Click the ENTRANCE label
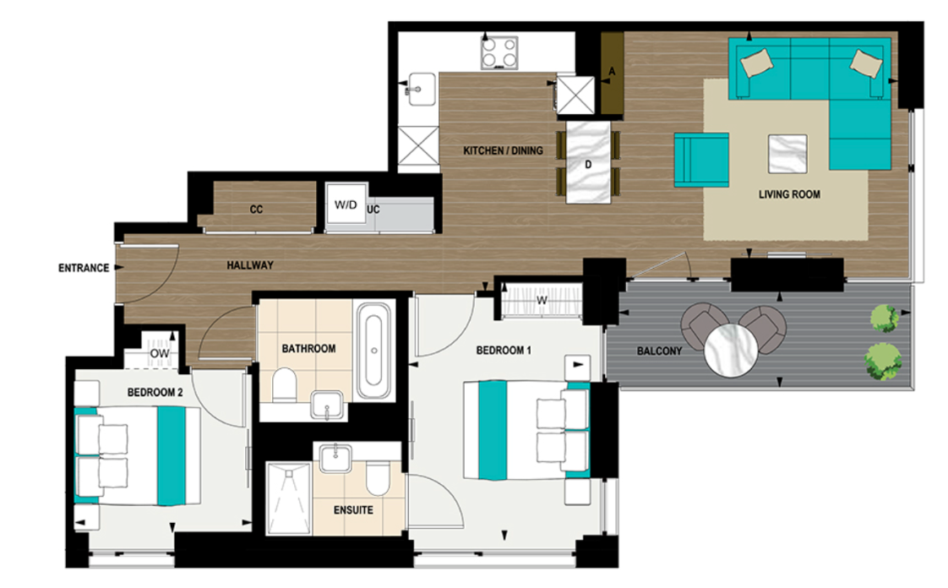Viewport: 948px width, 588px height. click(84, 269)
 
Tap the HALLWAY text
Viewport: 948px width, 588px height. click(250, 265)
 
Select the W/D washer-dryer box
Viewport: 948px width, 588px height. click(345, 205)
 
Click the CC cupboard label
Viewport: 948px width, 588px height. click(257, 210)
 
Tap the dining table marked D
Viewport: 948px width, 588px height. click(588, 161)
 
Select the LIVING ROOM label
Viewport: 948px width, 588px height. click(788, 194)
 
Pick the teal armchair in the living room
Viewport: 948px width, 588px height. click(701, 159)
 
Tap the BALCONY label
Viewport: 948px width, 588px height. click(656, 351)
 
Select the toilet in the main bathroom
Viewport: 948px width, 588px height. click(285, 384)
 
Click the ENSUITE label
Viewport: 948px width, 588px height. click(353, 510)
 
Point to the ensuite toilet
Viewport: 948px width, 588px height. click(377, 480)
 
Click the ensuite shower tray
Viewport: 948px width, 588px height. click(288, 498)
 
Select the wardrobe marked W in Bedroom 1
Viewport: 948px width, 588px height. click(541, 300)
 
